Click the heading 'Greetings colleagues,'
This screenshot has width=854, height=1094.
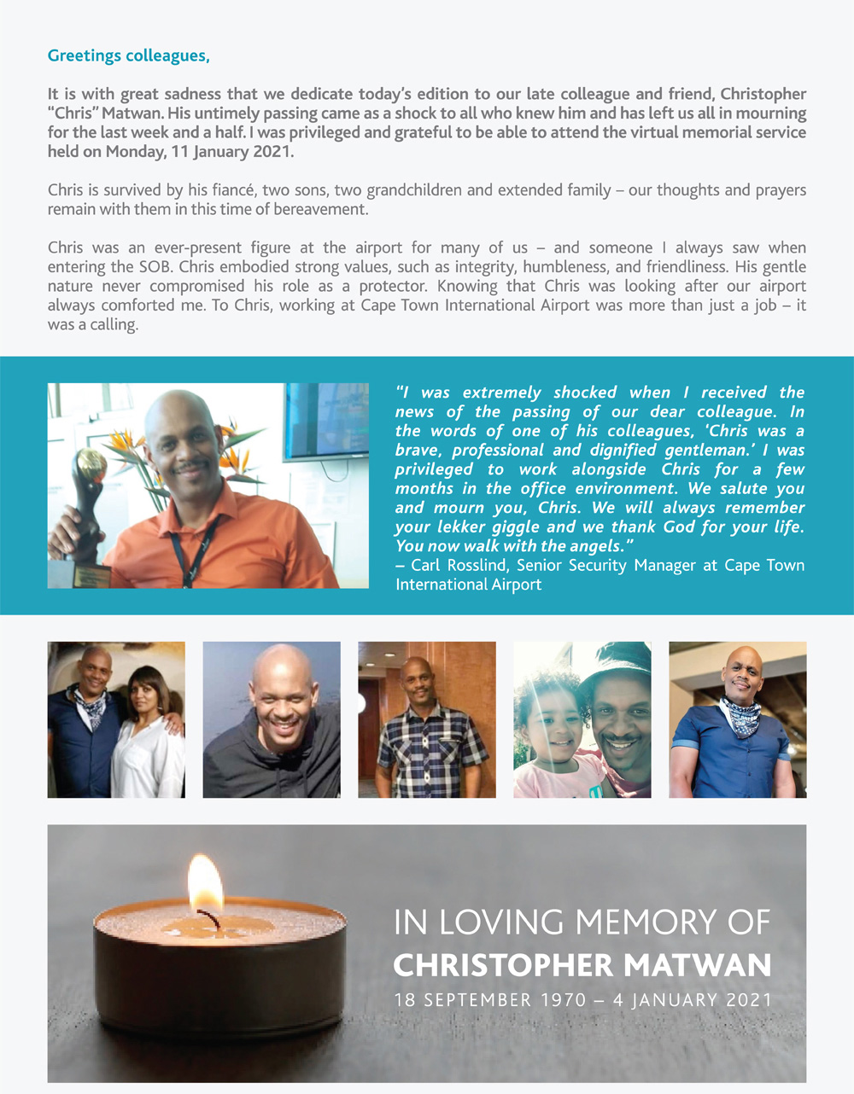coord(128,56)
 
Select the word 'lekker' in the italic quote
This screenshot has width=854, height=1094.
coord(458,527)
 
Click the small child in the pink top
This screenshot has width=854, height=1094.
coord(548,730)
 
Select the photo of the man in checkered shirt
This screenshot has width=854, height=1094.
coord(427,719)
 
